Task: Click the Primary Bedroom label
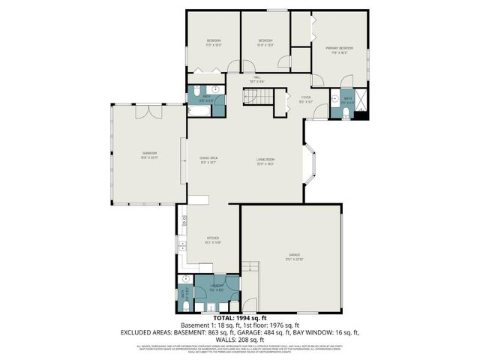click(339, 49)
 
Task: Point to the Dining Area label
click(208, 160)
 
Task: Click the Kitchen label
click(212, 241)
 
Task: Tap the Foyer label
click(306, 99)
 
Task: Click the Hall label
click(256, 79)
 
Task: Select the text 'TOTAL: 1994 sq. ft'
click(239, 318)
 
